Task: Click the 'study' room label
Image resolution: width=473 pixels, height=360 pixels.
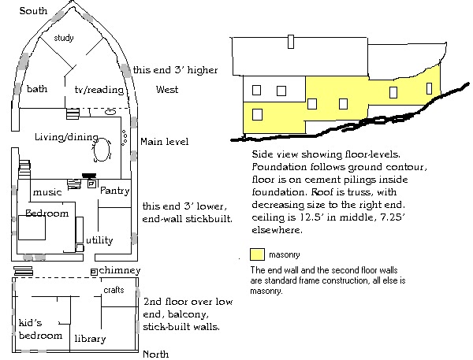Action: pyautogui.click(x=63, y=38)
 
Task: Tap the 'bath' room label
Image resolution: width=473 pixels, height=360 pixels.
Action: pyautogui.click(x=37, y=89)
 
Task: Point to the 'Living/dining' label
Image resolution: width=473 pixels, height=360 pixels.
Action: pyautogui.click(x=60, y=137)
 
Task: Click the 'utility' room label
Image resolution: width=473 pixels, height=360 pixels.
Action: pyautogui.click(x=99, y=240)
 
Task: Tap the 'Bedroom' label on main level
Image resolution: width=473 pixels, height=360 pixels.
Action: pyautogui.click(x=47, y=213)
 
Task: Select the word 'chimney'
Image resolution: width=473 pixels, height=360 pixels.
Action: pyautogui.click(x=121, y=270)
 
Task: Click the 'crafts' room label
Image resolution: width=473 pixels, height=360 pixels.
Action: pyautogui.click(x=114, y=290)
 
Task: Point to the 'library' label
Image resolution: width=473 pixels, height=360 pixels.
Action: pyautogui.click(x=90, y=339)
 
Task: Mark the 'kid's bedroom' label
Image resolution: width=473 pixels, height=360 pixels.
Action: pyautogui.click(x=40, y=328)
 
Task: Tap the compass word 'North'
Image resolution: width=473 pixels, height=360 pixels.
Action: pyautogui.click(x=155, y=354)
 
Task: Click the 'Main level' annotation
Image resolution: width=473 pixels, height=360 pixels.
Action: pyautogui.click(x=164, y=142)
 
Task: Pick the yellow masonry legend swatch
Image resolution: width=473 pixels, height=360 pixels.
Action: pyautogui.click(x=256, y=255)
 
